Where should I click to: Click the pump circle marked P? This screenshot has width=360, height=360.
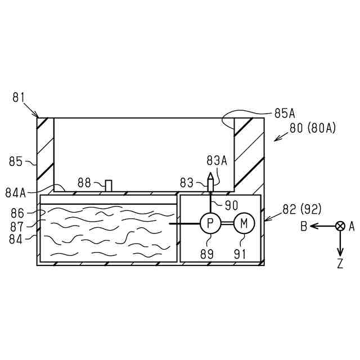pos(210,223)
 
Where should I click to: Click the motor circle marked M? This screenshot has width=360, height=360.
pos(244,223)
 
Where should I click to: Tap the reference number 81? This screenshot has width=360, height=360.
pos(19,97)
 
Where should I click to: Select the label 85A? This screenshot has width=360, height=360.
pos(285,114)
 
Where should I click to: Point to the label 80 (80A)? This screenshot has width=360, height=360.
pos(313,128)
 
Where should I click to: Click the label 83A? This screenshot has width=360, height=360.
pos(217,160)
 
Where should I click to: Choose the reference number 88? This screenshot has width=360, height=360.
pos(84,183)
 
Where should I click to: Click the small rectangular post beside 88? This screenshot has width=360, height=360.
pos(109,186)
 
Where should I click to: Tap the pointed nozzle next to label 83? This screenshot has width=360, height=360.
pos(210,182)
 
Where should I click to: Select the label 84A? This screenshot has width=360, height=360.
pos(16,193)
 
